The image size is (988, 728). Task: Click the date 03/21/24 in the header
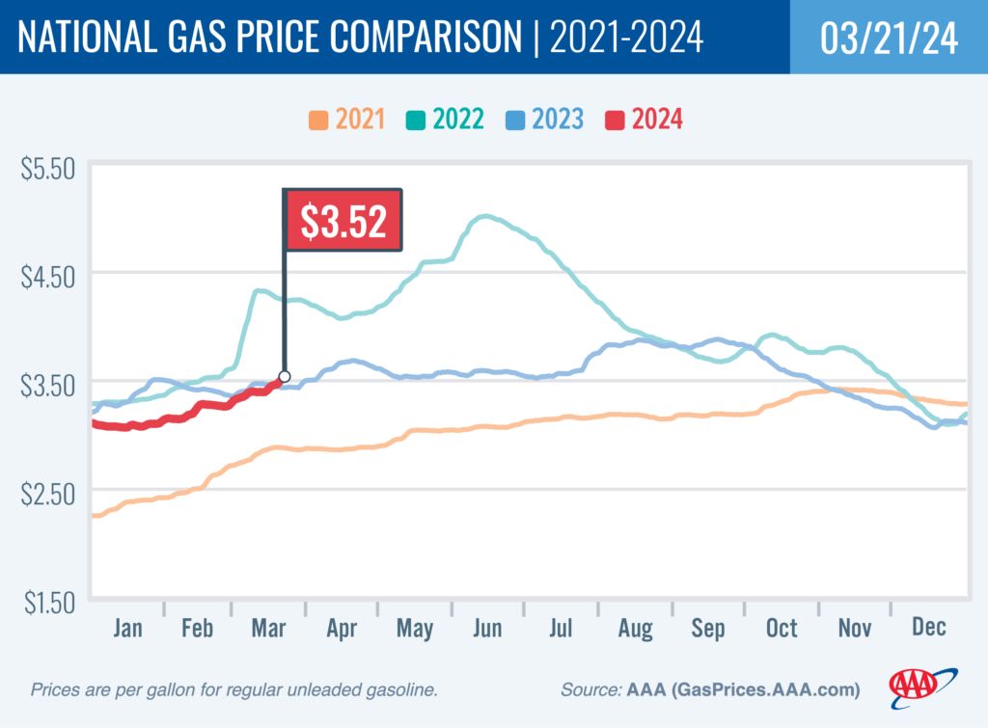pos(889,38)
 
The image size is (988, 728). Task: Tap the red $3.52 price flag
pos(343,221)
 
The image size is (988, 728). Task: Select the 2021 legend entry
pos(347,120)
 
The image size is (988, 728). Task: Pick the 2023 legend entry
pos(543,120)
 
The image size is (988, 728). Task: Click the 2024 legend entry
pos(644,120)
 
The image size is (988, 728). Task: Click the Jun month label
pos(487,629)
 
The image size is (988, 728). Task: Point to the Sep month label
pos(708,629)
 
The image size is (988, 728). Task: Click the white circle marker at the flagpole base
pos(285,376)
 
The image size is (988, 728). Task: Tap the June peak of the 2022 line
pos(485,217)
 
